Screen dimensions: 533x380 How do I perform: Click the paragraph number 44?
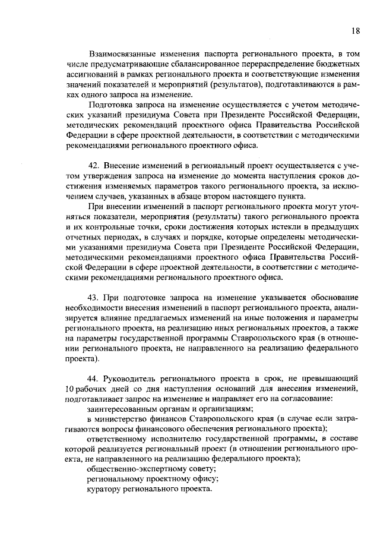93,378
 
